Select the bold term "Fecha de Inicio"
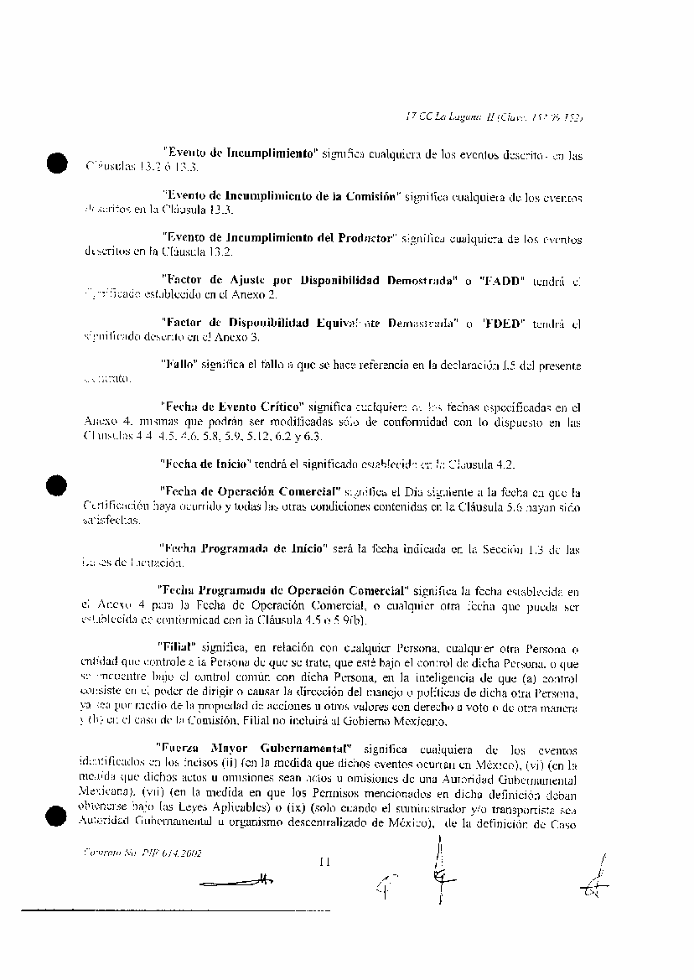[206, 463]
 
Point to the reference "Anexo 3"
[238, 337]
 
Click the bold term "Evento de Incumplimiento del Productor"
[277, 238]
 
